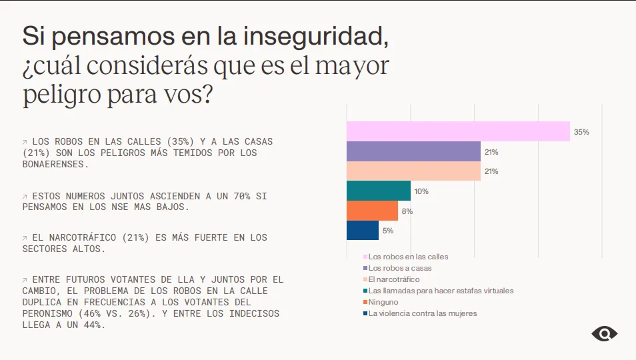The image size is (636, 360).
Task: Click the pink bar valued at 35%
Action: tap(458, 131)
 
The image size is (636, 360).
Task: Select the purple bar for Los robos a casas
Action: tap(413, 151)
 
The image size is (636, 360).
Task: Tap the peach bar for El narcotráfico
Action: tap(413, 171)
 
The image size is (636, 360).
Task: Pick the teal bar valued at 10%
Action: tap(379, 191)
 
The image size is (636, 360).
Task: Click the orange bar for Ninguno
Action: tap(372, 211)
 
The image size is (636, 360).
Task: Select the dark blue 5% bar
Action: tap(363, 231)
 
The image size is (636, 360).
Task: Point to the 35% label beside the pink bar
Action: tap(581, 132)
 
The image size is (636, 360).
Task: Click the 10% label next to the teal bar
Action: tap(421, 191)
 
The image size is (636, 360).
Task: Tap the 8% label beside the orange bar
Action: tap(407, 211)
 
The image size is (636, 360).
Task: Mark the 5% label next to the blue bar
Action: tap(388, 231)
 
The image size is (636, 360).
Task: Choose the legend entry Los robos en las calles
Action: tap(408, 257)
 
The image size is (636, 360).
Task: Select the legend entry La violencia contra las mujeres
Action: tap(423, 313)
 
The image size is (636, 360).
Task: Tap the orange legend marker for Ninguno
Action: tap(365, 302)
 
